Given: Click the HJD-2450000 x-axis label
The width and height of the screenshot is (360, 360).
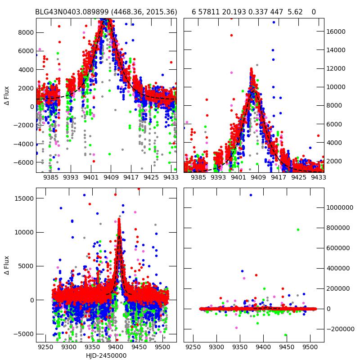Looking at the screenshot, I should click(x=106, y=355).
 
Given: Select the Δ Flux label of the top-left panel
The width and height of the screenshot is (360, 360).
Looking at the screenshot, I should click(x=6, y=95).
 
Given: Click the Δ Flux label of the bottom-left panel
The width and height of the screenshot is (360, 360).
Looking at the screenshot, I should click(x=6, y=265).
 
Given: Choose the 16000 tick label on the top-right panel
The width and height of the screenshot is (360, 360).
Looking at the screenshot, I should click(x=336, y=31).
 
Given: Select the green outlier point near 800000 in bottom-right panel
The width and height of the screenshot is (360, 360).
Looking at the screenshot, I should click(x=298, y=229).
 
